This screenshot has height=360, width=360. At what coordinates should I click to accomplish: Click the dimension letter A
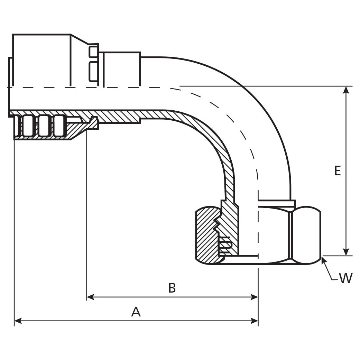(x=136, y=312)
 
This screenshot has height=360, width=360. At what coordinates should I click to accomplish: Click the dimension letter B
(x=172, y=288)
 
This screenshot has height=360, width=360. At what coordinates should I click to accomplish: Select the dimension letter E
(x=338, y=170)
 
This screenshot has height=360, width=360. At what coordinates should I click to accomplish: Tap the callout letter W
(x=345, y=278)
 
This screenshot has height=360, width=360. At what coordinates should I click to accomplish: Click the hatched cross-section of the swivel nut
(x=206, y=235)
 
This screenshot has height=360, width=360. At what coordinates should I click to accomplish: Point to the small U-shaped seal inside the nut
(x=225, y=244)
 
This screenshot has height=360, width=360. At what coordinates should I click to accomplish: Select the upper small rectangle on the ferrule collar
(x=93, y=52)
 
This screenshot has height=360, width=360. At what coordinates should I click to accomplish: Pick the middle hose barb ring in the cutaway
(x=44, y=126)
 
